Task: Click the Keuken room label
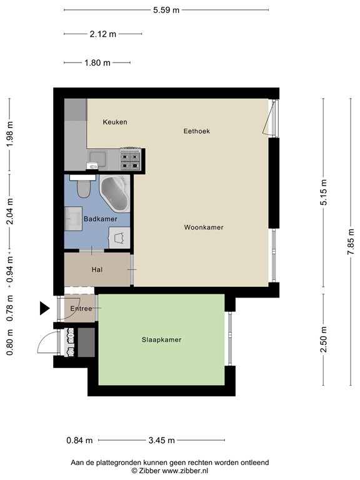tap(115, 122)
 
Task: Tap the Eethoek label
tap(196, 131)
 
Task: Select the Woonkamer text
tap(204, 227)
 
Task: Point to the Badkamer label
tap(101, 219)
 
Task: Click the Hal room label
tap(97, 269)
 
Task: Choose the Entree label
tap(81, 309)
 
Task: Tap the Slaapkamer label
tap(161, 340)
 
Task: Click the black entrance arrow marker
tap(44, 308)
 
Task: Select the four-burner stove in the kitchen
tap(131, 159)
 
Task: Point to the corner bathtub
tap(115, 192)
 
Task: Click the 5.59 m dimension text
tap(166, 9)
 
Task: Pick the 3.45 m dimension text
tap(161, 440)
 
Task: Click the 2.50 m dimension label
tap(324, 340)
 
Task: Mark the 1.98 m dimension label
tap(9, 134)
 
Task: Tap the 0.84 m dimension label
tap(79, 440)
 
